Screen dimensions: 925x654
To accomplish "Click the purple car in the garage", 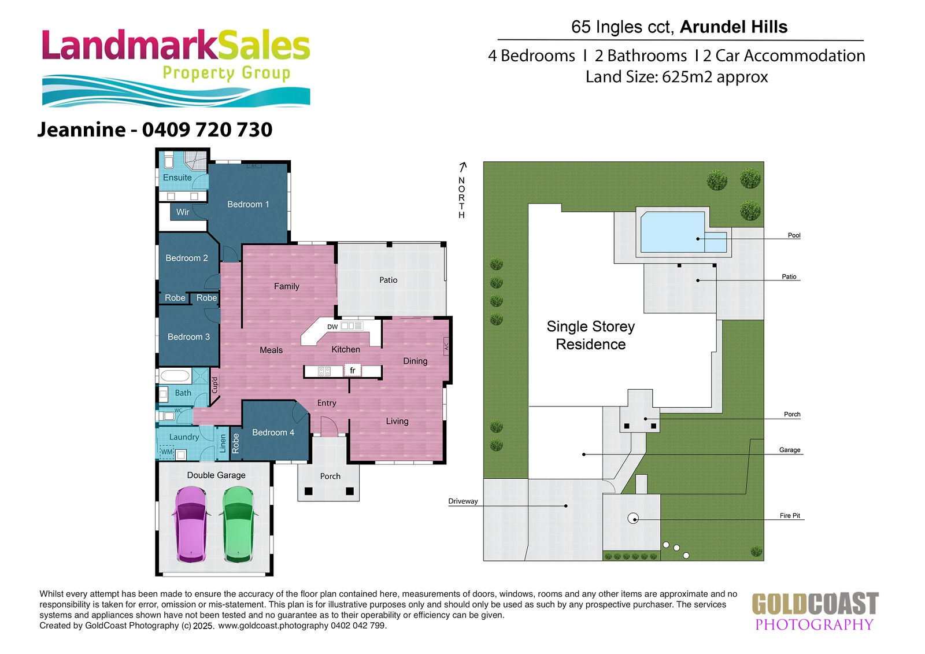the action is pyautogui.click(x=191, y=524).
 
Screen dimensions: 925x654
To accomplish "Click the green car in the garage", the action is pyautogui.click(x=238, y=524).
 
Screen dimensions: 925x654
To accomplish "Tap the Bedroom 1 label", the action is pyautogui.click(x=248, y=204).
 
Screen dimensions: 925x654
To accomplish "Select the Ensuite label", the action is pyautogui.click(x=177, y=178).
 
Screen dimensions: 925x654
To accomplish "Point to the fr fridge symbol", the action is pyautogui.click(x=353, y=370).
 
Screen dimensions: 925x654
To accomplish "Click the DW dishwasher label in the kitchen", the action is pyautogui.click(x=332, y=327).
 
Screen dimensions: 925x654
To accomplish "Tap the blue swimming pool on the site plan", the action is pyautogui.click(x=683, y=232).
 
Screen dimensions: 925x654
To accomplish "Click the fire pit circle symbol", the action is pyautogui.click(x=633, y=519).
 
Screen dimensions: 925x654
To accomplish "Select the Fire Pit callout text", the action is pyautogui.click(x=790, y=516).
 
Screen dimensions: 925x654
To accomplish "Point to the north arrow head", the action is pyautogui.click(x=463, y=165).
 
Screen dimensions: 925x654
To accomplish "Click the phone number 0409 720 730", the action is pyautogui.click(x=208, y=130).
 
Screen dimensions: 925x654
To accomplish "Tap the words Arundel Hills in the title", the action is pyautogui.click(x=734, y=27).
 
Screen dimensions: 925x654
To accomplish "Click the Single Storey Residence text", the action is pyautogui.click(x=590, y=335).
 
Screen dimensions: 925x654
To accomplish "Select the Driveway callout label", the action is pyautogui.click(x=463, y=501).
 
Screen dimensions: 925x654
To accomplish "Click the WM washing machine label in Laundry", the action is pyautogui.click(x=166, y=452).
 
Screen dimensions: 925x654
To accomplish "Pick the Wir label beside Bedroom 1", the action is pyautogui.click(x=183, y=212).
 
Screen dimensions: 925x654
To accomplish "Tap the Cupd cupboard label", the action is pyautogui.click(x=214, y=385).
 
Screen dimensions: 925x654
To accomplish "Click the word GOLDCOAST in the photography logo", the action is pyautogui.click(x=815, y=604).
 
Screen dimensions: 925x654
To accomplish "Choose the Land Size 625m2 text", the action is pyautogui.click(x=676, y=77).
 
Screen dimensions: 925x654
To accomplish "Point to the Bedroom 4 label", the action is pyautogui.click(x=273, y=433).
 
